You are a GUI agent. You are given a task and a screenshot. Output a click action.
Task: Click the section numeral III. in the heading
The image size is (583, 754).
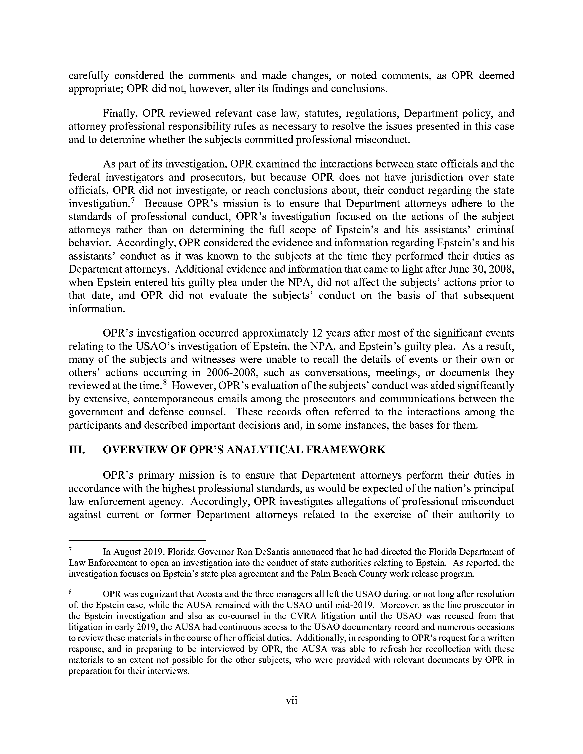click(77, 450)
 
